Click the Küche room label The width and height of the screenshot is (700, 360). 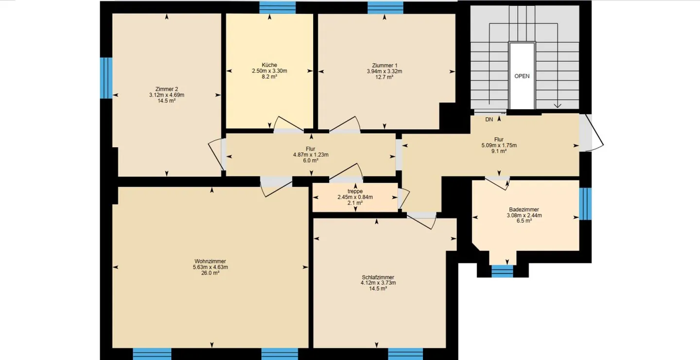point(269,65)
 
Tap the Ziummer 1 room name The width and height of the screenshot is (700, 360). point(385,66)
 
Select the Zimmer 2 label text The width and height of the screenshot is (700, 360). point(167,89)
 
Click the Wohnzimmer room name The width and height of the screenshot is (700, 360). point(210,261)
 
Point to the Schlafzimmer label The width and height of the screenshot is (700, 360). point(378,277)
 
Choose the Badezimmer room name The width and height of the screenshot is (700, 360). point(524,209)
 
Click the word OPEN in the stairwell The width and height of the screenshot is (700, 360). point(522,76)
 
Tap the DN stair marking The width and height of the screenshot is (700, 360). point(489,120)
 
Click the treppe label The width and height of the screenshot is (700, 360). point(355,191)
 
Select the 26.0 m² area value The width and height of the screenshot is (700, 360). point(210,273)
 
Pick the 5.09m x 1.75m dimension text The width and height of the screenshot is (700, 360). point(499,145)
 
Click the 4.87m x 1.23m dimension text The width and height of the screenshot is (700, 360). point(311,155)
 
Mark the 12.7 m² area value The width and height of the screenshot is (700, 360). point(385,77)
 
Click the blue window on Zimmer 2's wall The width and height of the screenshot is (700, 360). point(106,78)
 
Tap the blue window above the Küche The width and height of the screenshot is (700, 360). point(278,8)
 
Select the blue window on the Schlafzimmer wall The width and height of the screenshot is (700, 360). point(405,354)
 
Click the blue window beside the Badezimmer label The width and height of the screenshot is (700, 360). point(585,204)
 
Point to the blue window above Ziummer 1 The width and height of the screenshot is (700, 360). point(385,8)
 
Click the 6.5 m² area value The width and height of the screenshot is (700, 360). point(524,221)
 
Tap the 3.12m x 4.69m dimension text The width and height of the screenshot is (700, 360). point(167,95)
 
